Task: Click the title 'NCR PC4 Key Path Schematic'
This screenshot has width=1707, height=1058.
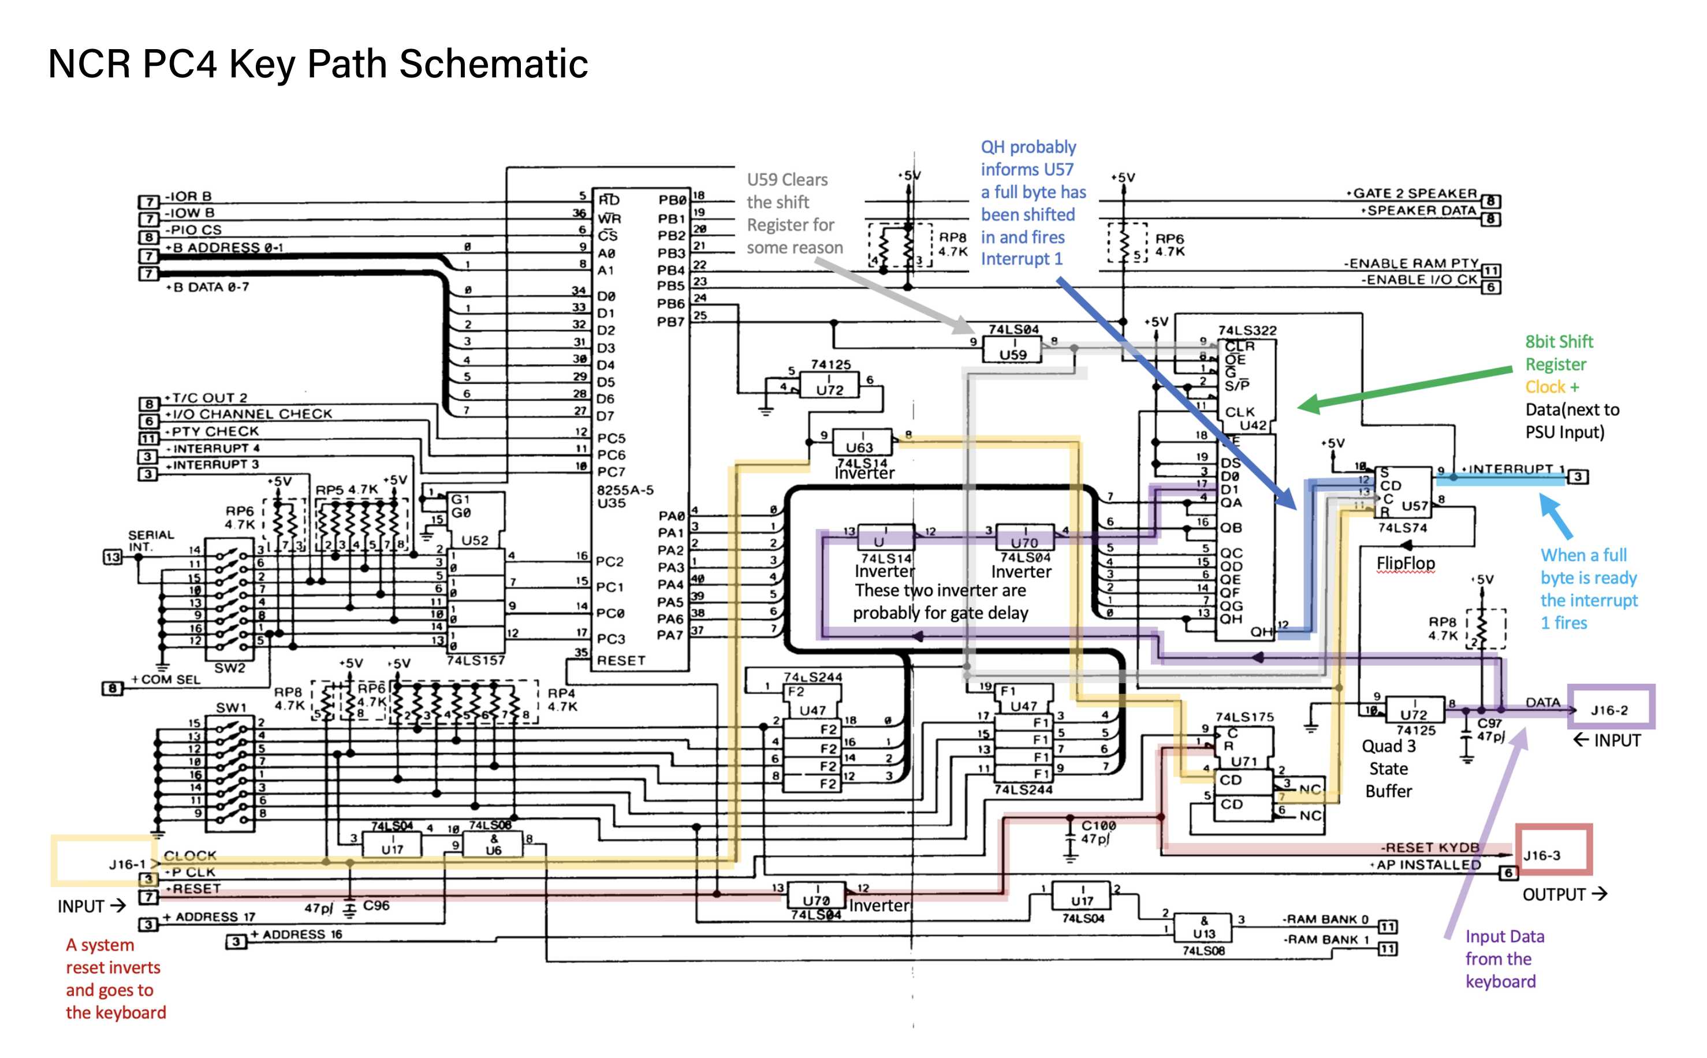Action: pyautogui.click(x=318, y=64)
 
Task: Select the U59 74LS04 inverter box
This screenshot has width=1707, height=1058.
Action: pyautogui.click(x=1012, y=348)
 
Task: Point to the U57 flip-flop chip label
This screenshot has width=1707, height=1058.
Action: pyautogui.click(x=1414, y=505)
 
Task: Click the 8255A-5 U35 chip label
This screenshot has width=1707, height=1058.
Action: pyautogui.click(x=624, y=496)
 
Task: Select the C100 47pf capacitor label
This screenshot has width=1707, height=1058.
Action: pyautogui.click(x=1099, y=831)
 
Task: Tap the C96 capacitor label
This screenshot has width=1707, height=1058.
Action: pyautogui.click(x=376, y=905)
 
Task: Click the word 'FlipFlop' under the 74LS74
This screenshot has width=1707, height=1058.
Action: pyautogui.click(x=1405, y=562)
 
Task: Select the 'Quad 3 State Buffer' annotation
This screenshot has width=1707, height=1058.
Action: pyautogui.click(x=1388, y=768)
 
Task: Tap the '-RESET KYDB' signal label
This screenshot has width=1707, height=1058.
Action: pyautogui.click(x=1429, y=847)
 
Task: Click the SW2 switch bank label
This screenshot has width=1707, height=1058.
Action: pyautogui.click(x=229, y=668)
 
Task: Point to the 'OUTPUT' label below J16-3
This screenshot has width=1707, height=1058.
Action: pyautogui.click(x=1554, y=894)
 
